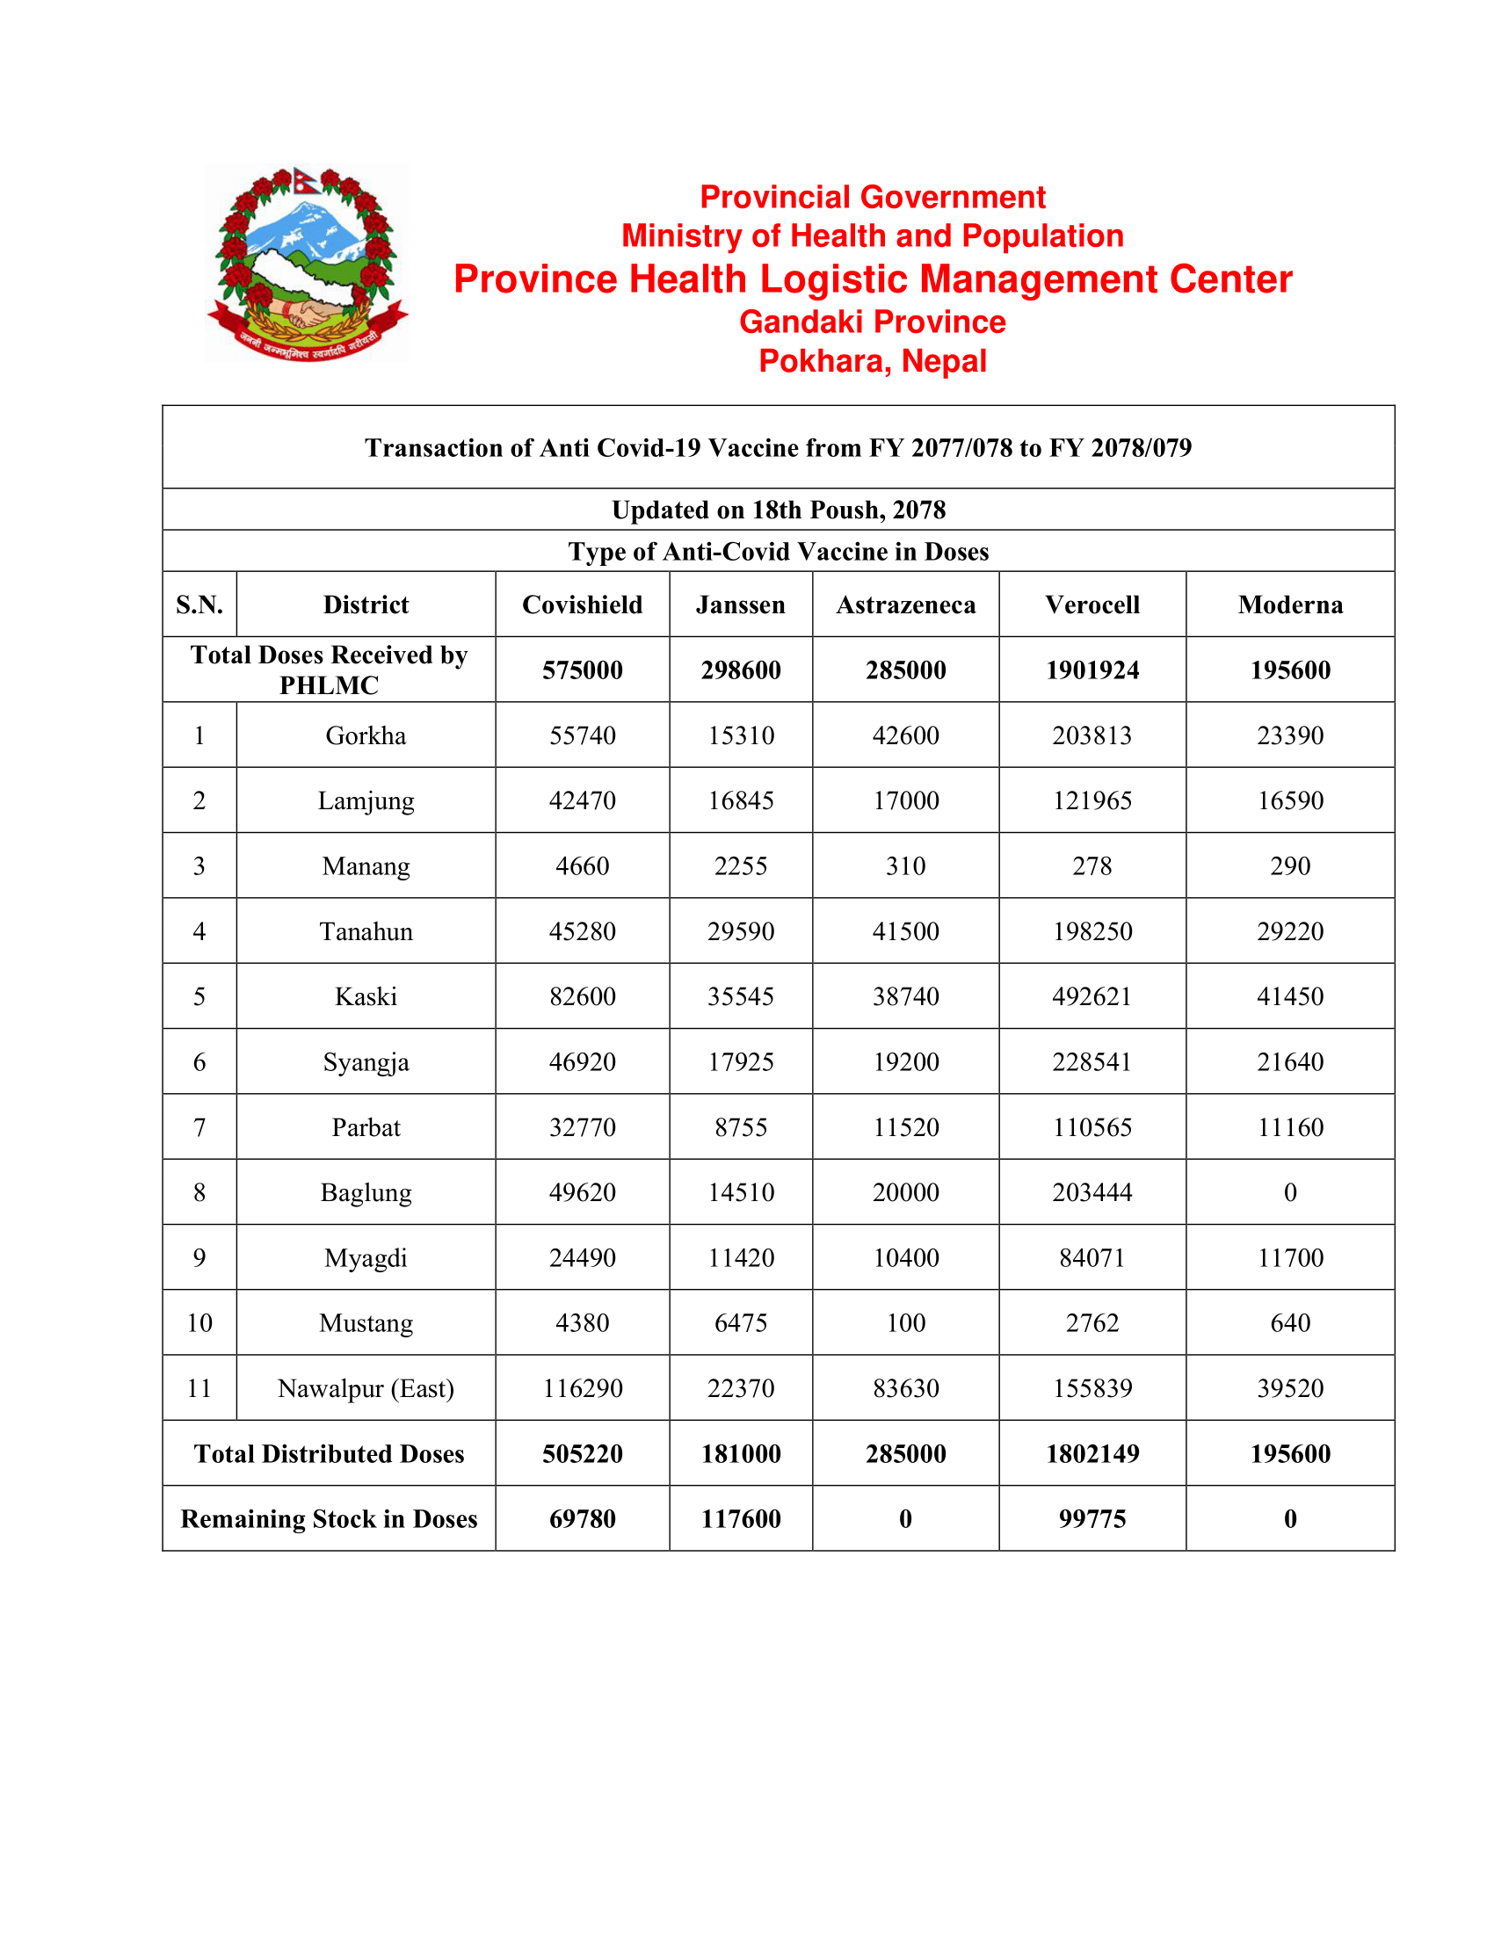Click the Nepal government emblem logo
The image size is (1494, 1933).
coord(307,264)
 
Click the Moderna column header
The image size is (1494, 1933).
coord(1289,605)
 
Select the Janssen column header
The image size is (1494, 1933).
coord(740,605)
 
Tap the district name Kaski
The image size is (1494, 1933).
coord(366,996)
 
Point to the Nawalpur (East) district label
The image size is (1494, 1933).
coord(366,1387)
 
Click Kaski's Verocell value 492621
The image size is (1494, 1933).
coord(1091,996)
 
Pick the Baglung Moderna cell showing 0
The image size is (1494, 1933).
coord(1289,1192)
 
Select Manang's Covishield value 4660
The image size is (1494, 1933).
coord(583,865)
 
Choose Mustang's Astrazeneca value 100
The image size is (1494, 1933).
coord(905,1323)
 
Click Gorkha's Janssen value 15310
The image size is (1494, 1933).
coord(740,735)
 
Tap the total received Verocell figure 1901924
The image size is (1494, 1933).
coord(1091,670)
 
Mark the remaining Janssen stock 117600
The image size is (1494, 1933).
coord(740,1519)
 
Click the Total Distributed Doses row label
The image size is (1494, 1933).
coord(329,1453)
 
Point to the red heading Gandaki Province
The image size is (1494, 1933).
coord(872,322)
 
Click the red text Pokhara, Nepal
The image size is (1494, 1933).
coord(872,361)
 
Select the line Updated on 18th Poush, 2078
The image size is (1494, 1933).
coord(778,510)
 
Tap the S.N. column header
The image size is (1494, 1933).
coord(199,605)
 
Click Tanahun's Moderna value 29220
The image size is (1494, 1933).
coord(1289,931)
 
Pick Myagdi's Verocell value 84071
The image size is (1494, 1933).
coord(1091,1257)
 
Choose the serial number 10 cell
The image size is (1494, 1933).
coord(199,1323)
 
